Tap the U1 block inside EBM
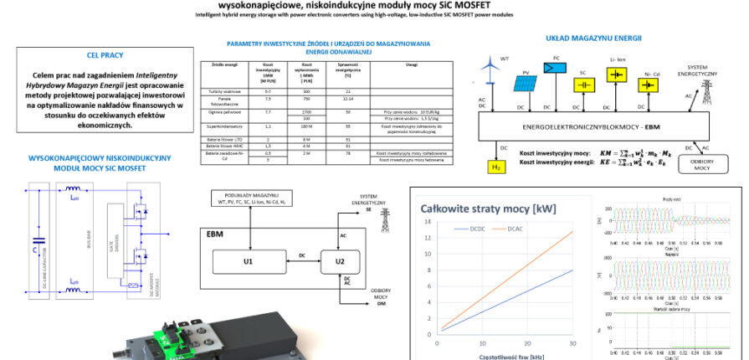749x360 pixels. pos(248,262)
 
